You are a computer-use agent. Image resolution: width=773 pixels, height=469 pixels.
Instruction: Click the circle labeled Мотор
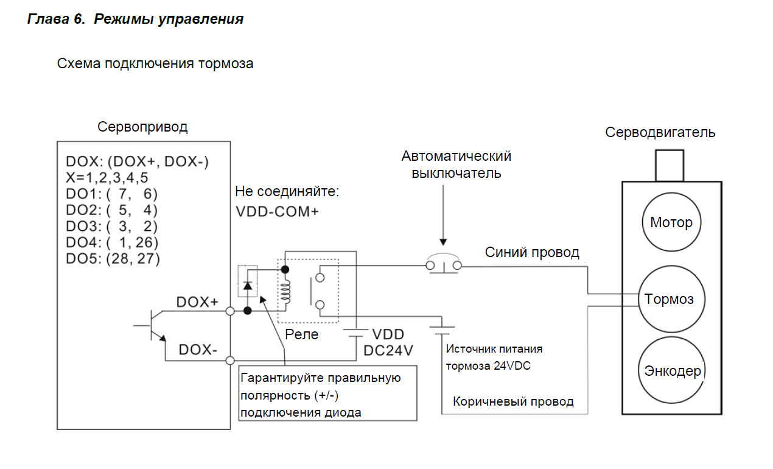[671, 222]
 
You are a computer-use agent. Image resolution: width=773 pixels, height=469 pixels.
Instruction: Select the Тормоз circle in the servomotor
[669, 299]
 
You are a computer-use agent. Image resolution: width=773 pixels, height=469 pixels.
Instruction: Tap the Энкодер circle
[672, 370]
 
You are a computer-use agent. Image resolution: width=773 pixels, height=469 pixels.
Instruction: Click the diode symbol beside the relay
[247, 285]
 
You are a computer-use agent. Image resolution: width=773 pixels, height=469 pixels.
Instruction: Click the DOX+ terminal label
[197, 302]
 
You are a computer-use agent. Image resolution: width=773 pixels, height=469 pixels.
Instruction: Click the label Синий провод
[532, 252]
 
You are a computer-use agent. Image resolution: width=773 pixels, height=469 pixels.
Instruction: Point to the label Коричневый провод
[513, 401]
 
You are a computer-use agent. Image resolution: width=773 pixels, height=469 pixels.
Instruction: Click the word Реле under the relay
[302, 334]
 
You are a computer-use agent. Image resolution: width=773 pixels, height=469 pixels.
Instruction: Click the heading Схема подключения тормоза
[155, 63]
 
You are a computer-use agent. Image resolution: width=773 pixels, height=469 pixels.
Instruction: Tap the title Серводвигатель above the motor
[660, 132]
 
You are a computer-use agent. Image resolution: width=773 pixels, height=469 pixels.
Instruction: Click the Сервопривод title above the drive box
[142, 127]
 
